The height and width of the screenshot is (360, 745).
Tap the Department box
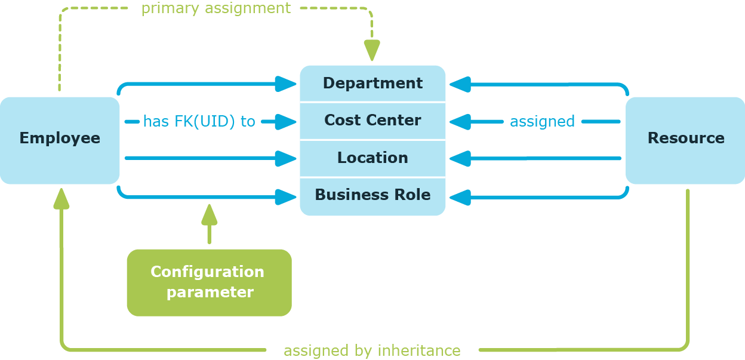[372, 84]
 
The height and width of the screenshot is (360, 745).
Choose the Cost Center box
[372, 121]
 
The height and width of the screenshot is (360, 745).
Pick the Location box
[372, 158]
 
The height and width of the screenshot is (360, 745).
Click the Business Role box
[372, 196]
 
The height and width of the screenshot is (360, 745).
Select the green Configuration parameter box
[209, 282]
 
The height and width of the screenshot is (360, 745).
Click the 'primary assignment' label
[216, 9]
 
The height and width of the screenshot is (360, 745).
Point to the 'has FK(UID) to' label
[199, 122]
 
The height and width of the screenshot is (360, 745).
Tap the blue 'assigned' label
[542, 122]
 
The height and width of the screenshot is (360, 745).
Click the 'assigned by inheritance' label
[372, 350]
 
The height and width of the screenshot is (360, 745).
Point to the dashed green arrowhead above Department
[372, 51]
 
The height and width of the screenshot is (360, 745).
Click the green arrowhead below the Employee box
[61, 199]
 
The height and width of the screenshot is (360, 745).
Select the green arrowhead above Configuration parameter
[209, 214]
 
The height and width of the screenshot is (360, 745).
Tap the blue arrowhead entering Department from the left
[286, 84]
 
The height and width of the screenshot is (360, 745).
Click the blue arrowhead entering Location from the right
[460, 159]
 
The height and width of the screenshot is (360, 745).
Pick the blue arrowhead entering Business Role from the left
[286, 196]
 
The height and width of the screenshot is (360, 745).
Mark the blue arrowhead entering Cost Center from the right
[460, 122]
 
